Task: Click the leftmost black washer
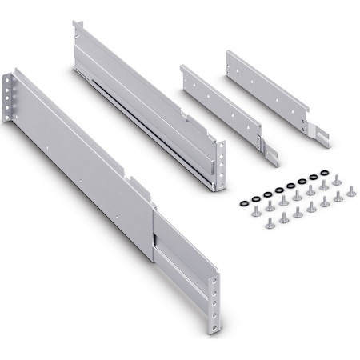(243, 203)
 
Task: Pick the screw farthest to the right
(350, 193)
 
